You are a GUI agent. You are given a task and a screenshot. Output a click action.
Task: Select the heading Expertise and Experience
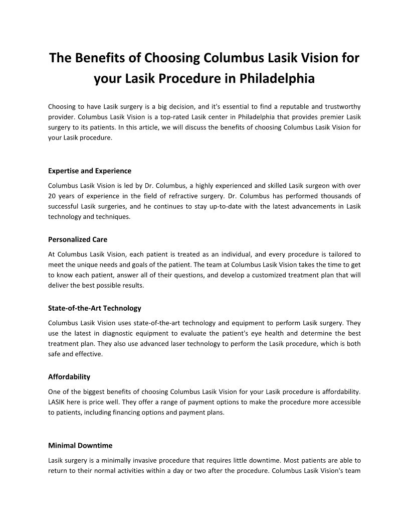pos(90,171)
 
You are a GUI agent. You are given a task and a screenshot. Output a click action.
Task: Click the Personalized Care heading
pos(78,239)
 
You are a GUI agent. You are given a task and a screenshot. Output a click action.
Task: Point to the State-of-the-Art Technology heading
pos(95,308)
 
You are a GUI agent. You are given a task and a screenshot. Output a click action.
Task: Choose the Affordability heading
pos(69,376)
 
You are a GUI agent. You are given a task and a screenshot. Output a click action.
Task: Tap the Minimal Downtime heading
pos(80,445)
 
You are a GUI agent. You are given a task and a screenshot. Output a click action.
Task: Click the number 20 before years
pos(52,195)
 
